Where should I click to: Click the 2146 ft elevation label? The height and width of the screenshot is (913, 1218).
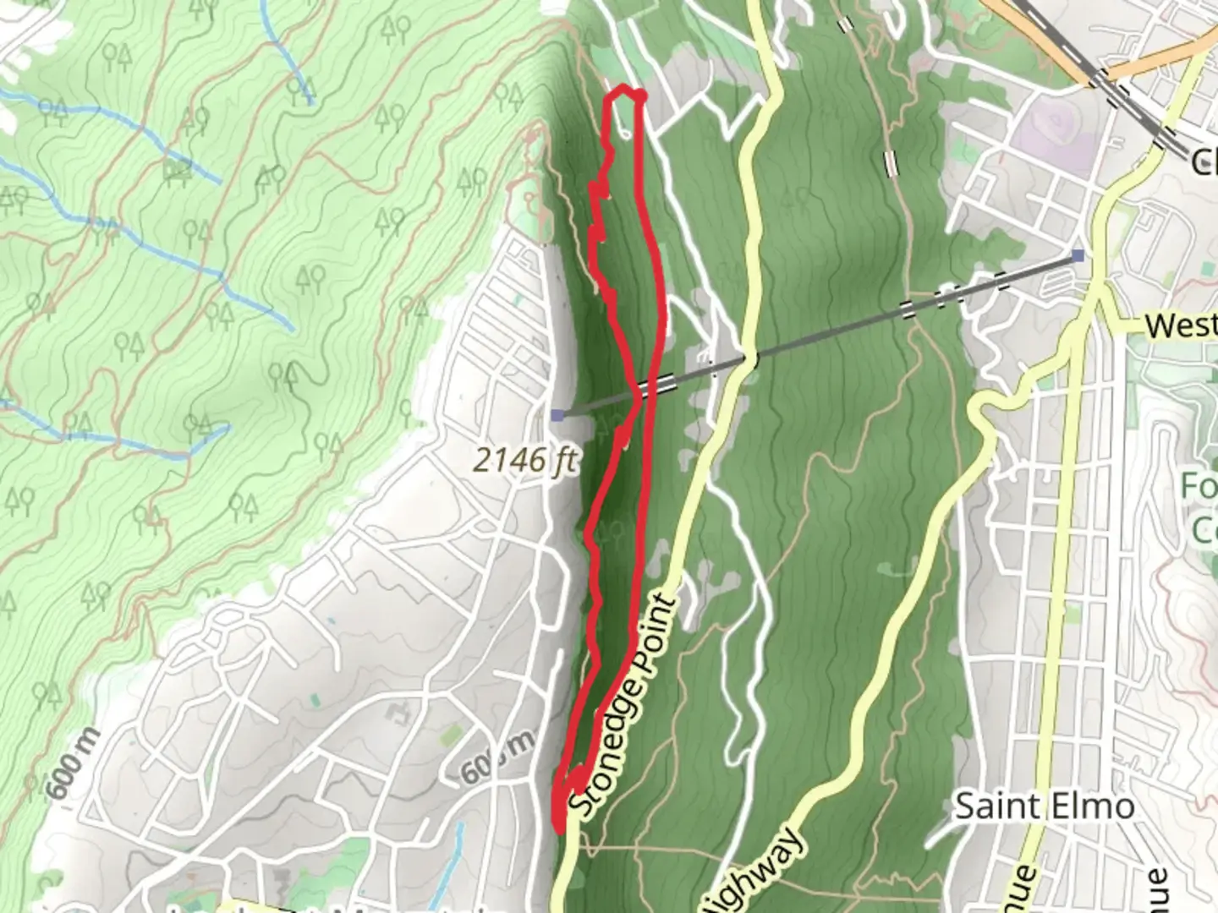[524, 461]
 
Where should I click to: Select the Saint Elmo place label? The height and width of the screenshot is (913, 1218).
[1044, 806]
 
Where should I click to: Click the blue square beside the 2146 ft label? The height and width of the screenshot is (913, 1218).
[557, 414]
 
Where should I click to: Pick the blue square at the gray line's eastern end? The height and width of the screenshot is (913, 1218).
[1077, 254]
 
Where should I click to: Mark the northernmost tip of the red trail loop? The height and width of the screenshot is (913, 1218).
[626, 90]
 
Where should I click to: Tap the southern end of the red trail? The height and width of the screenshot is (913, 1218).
[558, 824]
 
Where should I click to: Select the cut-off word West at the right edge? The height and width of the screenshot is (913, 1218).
[1181, 325]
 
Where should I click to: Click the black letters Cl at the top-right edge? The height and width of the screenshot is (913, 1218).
[1203, 161]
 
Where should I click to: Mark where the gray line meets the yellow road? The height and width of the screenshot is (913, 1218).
[747, 359]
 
